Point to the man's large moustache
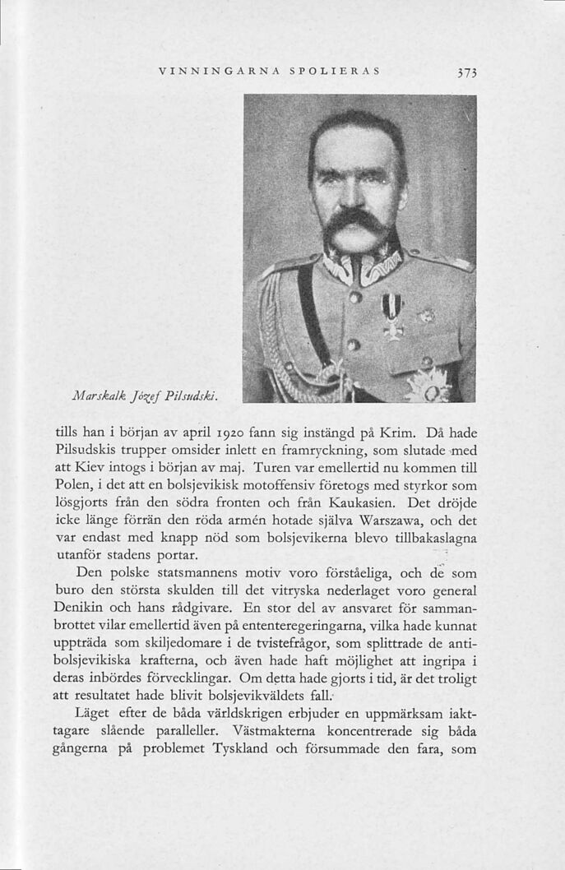coord(354,222)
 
